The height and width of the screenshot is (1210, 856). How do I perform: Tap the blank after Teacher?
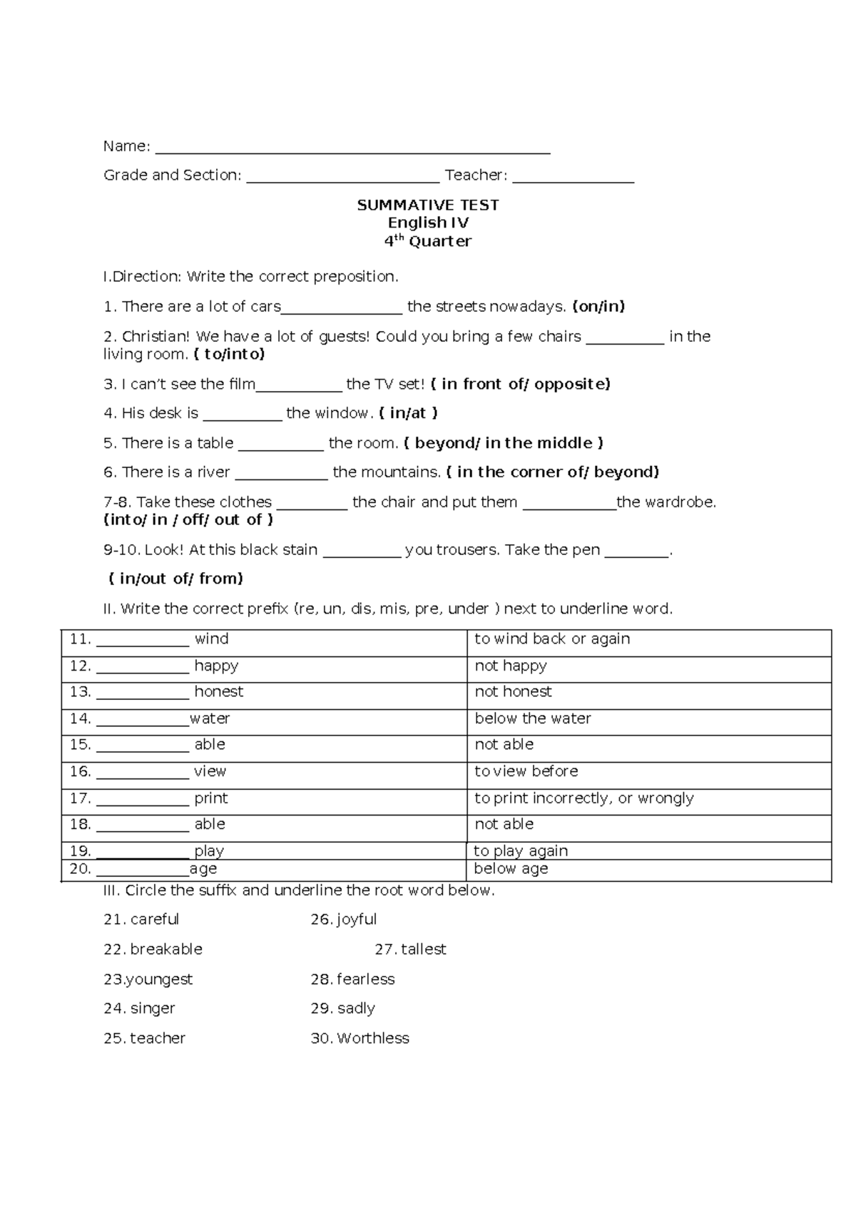coord(573,179)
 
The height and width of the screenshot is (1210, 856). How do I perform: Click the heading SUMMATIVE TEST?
coord(428,205)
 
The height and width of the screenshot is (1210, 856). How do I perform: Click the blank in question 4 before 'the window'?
coord(243,417)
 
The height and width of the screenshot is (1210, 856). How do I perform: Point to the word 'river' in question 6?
coord(213,472)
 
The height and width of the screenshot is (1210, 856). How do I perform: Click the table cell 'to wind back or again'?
coord(552,639)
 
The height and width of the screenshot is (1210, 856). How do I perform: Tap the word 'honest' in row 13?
coord(218,692)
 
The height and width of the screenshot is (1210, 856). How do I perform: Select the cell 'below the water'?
coord(533,718)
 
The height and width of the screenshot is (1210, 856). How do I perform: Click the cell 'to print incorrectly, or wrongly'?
coord(584,798)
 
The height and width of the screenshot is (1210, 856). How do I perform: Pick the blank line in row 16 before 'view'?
coord(142,776)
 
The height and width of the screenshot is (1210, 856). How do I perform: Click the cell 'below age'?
coord(511,869)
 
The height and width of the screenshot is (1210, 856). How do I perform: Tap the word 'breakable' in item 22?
coord(166,950)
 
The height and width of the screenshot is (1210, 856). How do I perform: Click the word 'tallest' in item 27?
coord(423,950)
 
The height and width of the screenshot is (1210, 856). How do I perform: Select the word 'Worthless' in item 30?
coord(372,1039)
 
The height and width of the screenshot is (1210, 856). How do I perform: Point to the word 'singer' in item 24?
coord(153,1009)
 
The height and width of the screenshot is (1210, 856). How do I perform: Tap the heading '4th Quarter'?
coord(428,241)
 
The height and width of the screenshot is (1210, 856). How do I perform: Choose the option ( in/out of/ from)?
coord(176,579)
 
